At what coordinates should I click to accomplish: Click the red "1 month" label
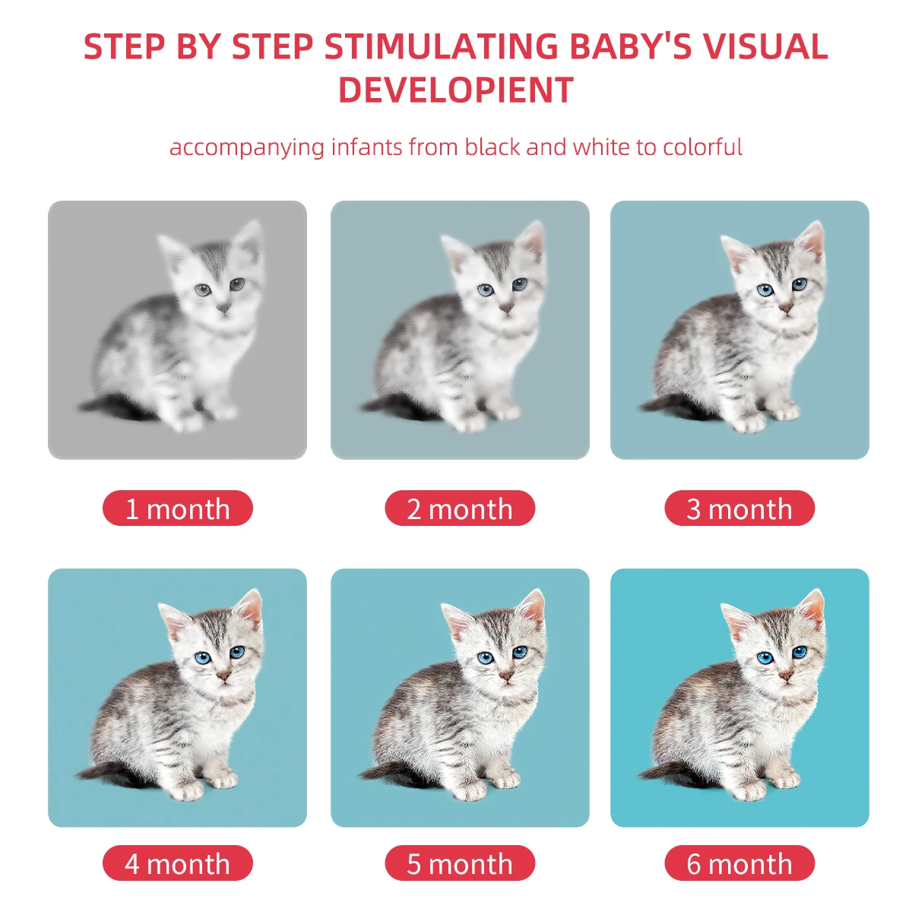point(177,508)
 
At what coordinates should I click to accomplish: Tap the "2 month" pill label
point(460,508)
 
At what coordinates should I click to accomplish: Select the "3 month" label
point(739,508)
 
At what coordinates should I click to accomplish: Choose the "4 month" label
point(177,863)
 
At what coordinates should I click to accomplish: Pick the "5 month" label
point(460,863)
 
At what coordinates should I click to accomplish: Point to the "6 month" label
point(739,863)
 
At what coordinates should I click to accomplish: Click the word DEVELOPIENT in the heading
point(456,90)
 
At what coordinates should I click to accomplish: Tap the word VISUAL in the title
point(765,47)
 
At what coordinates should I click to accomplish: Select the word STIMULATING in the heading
point(442,47)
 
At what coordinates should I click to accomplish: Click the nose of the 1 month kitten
point(223,307)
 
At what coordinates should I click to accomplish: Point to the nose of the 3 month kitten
point(786,307)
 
